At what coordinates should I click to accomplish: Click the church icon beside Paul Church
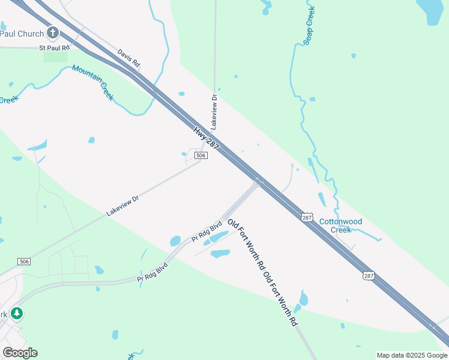[x=53, y=32]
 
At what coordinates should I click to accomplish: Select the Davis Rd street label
[x=128, y=58]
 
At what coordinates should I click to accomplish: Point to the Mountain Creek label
[x=93, y=82]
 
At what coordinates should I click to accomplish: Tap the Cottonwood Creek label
[x=340, y=226]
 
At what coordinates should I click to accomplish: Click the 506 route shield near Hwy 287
[x=201, y=155]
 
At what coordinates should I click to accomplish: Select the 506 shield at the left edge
[x=24, y=262]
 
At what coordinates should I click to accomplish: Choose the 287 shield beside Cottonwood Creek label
[x=307, y=217]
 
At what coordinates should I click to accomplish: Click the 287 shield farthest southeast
[x=369, y=275]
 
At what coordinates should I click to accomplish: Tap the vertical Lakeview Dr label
[x=214, y=112]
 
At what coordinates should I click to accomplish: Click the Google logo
[x=20, y=352]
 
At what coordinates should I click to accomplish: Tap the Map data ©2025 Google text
[x=412, y=355]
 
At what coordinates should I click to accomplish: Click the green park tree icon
[x=17, y=313]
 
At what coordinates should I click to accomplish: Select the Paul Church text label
[x=22, y=34]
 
